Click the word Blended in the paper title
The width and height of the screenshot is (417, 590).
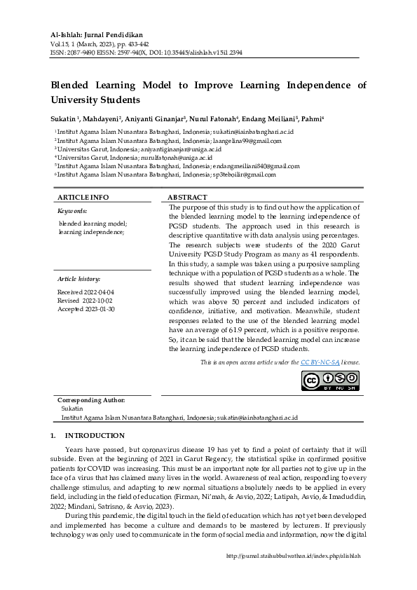point(76,85)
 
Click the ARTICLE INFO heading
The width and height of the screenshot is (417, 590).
point(83,198)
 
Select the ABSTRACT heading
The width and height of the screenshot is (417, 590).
point(187,198)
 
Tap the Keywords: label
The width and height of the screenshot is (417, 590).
point(72,210)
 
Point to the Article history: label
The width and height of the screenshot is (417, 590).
point(78,279)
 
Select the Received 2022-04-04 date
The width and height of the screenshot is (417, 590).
point(86,291)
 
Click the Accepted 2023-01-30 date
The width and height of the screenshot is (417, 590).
point(86,308)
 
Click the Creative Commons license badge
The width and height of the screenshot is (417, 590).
point(330,380)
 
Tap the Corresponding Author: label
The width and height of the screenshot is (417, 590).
point(90,399)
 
